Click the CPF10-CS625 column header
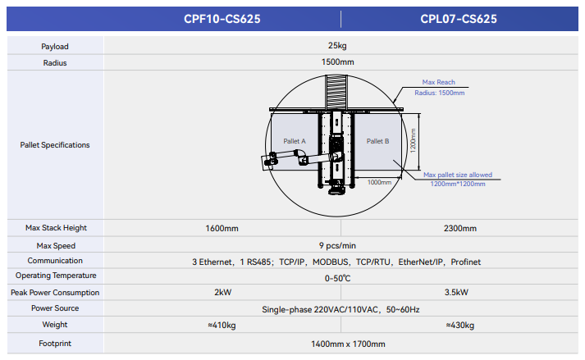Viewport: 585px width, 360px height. pos(222,18)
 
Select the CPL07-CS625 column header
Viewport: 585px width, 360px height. pos(459,18)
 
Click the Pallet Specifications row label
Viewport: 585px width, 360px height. pos(55,145)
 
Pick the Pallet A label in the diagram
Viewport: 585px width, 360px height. pos(295,141)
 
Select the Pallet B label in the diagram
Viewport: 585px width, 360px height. pos(377,141)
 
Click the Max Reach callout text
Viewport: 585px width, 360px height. pos(438,82)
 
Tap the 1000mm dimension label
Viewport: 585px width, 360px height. pos(379,182)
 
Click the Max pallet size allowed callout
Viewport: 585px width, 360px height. pos(458,175)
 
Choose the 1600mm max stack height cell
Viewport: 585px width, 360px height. pos(222,228)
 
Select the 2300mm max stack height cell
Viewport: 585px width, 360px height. pos(459,228)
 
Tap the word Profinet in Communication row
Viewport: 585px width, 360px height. pos(465,262)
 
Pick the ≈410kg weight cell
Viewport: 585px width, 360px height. pos(222,326)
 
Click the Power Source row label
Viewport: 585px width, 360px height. pos(55,308)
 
